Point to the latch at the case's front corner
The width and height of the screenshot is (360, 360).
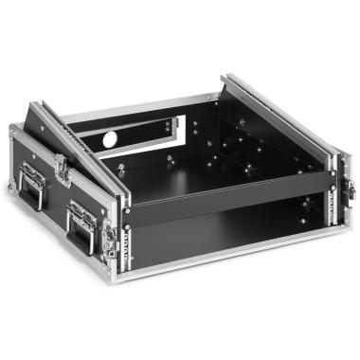[x=111, y=237]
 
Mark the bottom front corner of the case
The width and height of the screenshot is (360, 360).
[x=118, y=275]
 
